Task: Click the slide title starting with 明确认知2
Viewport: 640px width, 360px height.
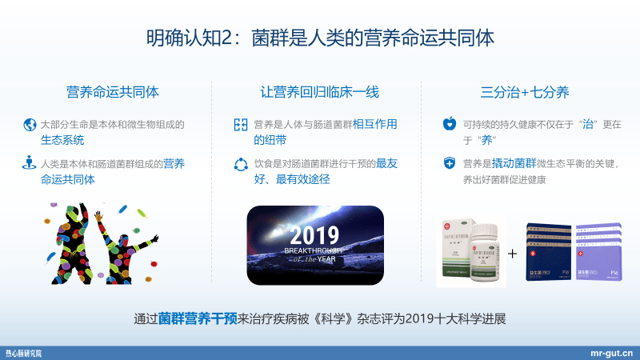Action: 320,37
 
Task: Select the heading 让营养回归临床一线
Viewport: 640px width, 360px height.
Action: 320,92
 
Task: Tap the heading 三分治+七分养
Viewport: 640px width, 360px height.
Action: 525,92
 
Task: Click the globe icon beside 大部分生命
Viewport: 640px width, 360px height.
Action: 30,125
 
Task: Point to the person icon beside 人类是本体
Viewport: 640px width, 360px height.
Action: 30,164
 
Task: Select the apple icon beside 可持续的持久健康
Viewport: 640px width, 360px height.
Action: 449,125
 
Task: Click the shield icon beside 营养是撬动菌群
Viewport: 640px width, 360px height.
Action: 449,164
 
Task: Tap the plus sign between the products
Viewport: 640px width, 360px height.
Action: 513,254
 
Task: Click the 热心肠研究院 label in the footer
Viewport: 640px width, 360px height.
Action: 24,353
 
